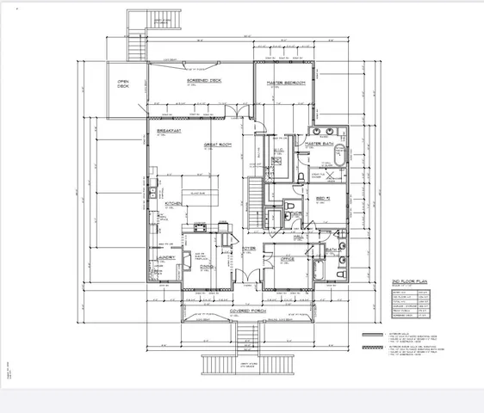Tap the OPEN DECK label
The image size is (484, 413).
click(x=123, y=84)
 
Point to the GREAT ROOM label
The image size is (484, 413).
click(x=219, y=145)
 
